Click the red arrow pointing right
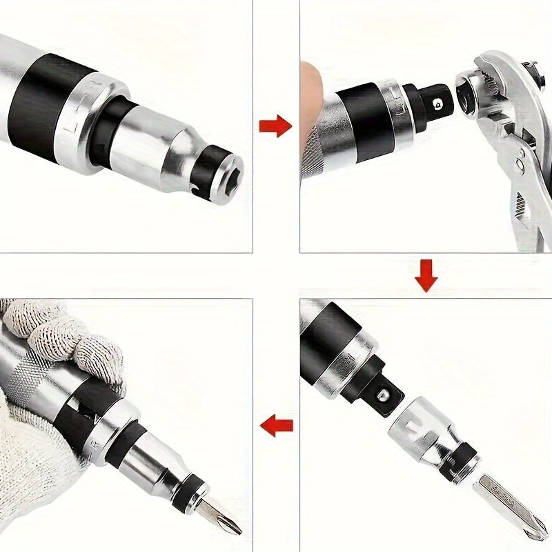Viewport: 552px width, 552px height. [x=275, y=126]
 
